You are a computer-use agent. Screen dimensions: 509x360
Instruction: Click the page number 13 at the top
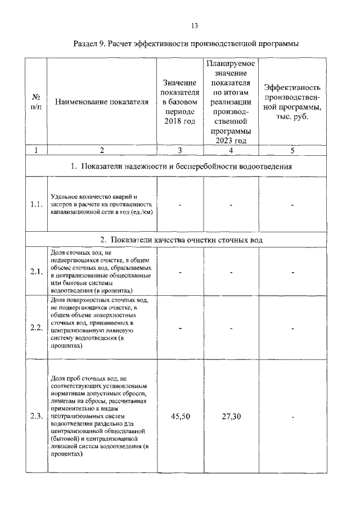(195, 25)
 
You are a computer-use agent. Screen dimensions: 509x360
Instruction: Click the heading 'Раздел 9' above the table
(186, 43)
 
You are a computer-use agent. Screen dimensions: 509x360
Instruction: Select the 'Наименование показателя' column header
(101, 102)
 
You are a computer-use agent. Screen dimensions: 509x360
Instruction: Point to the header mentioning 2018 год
(179, 102)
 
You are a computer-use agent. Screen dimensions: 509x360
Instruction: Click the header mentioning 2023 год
(231, 102)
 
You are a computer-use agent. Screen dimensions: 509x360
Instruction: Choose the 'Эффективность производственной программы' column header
(292, 102)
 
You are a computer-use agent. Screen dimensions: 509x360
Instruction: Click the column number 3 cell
(179, 150)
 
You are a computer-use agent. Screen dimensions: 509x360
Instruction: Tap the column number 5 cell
(292, 150)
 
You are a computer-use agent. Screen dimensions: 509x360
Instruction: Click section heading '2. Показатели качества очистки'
(185, 240)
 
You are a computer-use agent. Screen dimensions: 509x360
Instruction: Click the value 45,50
(179, 417)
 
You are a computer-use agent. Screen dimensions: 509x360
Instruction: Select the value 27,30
(231, 417)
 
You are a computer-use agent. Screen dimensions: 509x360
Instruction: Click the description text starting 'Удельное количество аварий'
(101, 205)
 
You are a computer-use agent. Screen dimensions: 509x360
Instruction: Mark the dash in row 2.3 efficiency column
(292, 417)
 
